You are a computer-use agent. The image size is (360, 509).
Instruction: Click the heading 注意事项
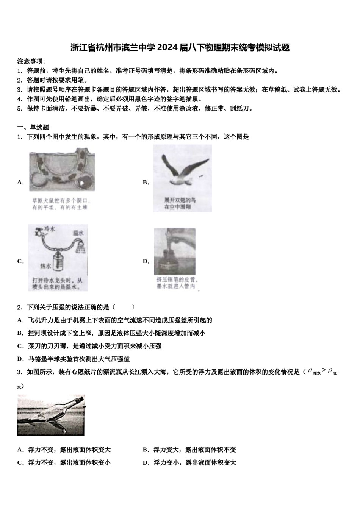click(31, 61)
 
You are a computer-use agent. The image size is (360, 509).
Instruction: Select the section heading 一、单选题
click(33, 127)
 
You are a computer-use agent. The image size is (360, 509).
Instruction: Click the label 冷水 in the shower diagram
click(50, 229)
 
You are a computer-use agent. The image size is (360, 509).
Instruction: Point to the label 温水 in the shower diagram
click(78, 232)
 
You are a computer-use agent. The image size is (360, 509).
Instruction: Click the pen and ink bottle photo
click(175, 251)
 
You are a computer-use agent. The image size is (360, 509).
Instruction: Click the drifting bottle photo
click(51, 415)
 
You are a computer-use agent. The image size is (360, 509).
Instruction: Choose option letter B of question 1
click(146, 183)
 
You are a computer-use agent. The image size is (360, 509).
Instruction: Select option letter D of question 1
click(146, 261)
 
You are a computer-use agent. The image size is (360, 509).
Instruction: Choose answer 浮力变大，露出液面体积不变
click(194, 450)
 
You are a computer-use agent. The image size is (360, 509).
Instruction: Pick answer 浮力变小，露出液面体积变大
click(194, 463)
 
